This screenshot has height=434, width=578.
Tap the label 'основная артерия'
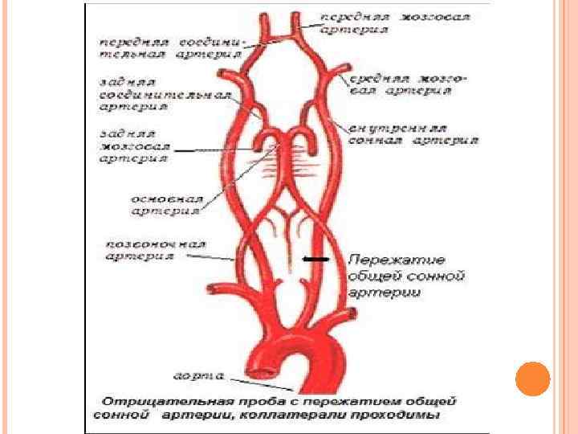click(166, 204)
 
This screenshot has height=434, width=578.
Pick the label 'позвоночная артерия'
click(156, 249)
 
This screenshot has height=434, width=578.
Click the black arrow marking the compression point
click(315, 259)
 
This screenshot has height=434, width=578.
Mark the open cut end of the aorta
click(263, 372)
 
